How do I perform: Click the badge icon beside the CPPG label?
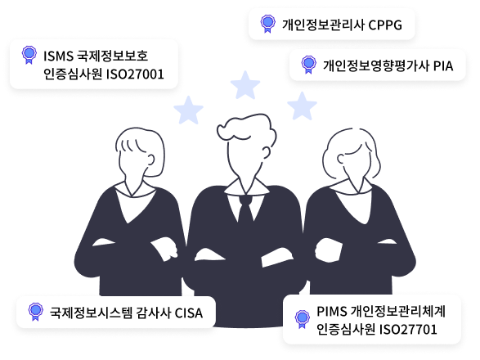pyautogui.click(x=268, y=23)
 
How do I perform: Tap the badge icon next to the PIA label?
pyautogui.click(x=308, y=65)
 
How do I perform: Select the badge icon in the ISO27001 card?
pyautogui.click(x=29, y=55)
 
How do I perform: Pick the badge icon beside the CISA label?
pyautogui.click(x=35, y=312)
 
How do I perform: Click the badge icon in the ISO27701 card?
pyautogui.click(x=302, y=319)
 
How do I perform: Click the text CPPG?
pyautogui.click(x=385, y=25)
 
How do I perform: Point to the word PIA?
pyautogui.click(x=443, y=66)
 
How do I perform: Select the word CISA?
pyautogui.click(x=189, y=313)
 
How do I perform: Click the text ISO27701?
pyautogui.click(x=408, y=330)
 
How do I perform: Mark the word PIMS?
pyautogui.click(x=331, y=312)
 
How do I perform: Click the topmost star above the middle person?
pyautogui.click(x=245, y=85)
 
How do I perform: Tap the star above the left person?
pyautogui.click(x=188, y=110)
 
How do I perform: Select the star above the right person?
pyautogui.click(x=302, y=106)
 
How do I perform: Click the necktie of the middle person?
pyautogui.click(x=245, y=211)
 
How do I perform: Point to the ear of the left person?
pyautogui.click(x=150, y=160)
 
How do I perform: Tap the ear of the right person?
pyautogui.click(x=341, y=159)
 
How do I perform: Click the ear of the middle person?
pyautogui.click(x=267, y=152)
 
